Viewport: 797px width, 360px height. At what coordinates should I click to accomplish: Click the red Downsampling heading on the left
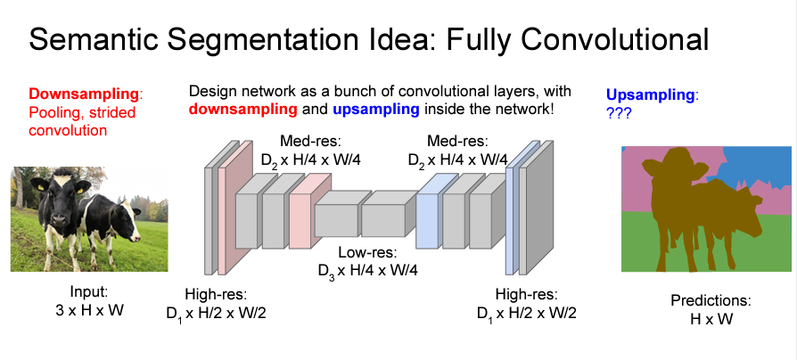(x=85, y=94)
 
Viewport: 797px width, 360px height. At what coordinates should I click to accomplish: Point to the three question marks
(x=620, y=113)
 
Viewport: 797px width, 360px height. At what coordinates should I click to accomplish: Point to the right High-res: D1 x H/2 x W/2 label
(x=526, y=304)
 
